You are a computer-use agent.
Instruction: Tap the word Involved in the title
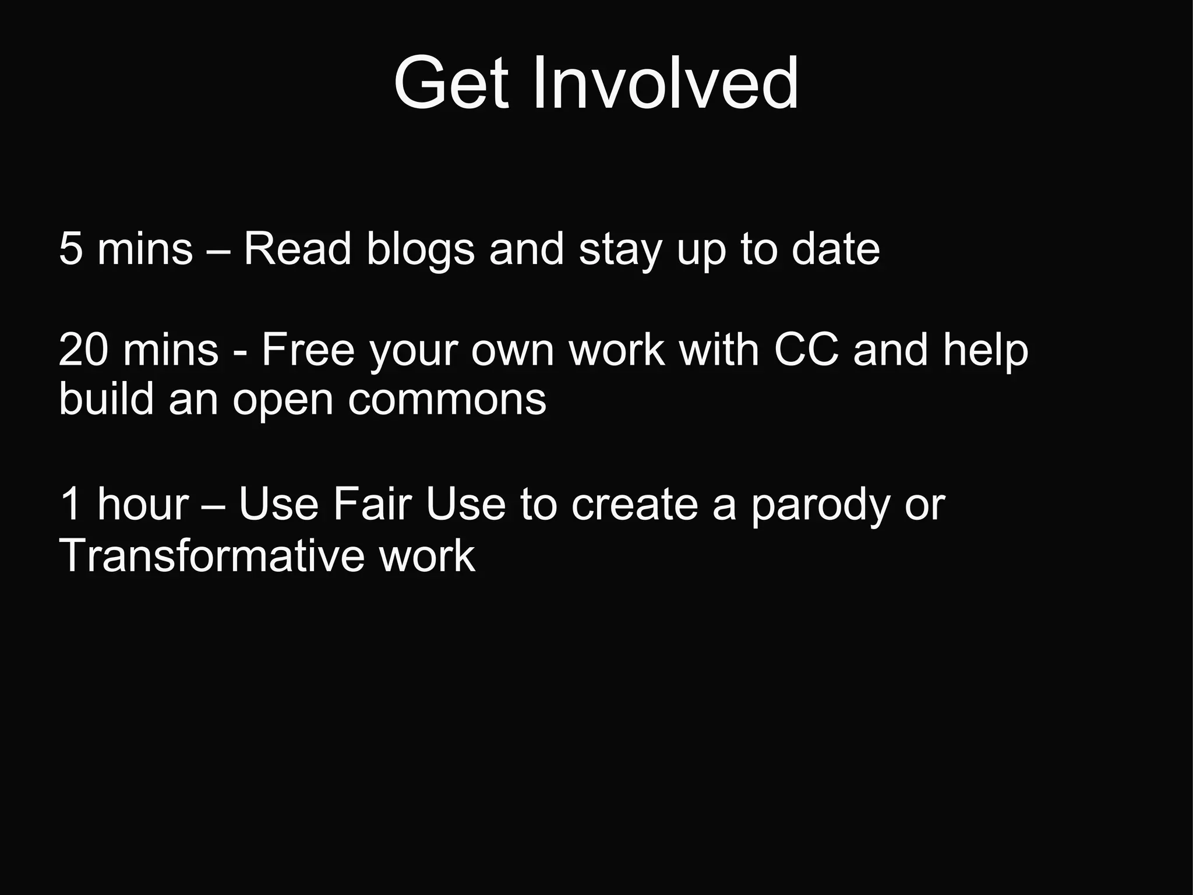coord(665,83)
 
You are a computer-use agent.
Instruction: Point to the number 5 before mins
coord(70,249)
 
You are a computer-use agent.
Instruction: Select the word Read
coord(297,249)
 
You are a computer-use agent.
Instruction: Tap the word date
coord(835,249)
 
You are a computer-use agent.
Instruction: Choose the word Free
coord(308,350)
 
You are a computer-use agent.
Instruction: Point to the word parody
coord(820,506)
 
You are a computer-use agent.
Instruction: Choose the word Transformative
coord(212,555)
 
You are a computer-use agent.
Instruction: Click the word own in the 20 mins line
coord(513,351)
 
